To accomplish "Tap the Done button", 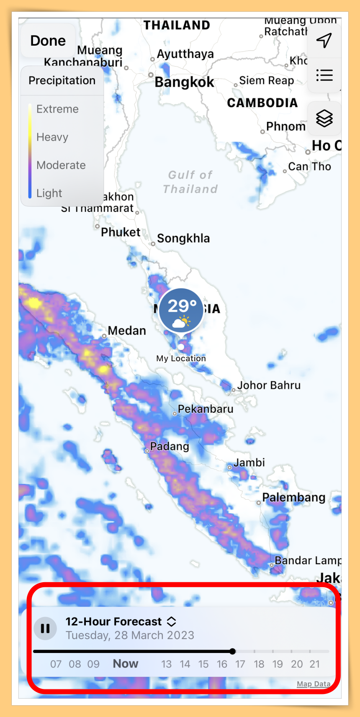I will (x=48, y=41).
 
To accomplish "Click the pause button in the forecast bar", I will (x=45, y=628).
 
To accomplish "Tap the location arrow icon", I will (x=324, y=40).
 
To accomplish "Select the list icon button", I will (x=324, y=75).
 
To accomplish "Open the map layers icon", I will (x=324, y=118).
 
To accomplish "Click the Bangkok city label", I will (x=184, y=82).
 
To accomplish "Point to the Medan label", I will (x=127, y=331).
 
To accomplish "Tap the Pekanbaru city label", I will (x=206, y=409).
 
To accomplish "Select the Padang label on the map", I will (x=170, y=446).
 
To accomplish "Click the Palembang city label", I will (x=293, y=497).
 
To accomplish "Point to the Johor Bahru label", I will (x=269, y=385).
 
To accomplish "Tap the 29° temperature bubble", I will (x=181, y=311).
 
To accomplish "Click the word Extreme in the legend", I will (x=57, y=109).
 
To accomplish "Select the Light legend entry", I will (x=49, y=193).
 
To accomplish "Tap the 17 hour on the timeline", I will (x=240, y=664).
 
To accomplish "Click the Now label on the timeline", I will (x=126, y=663).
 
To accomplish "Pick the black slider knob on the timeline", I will (x=233, y=651).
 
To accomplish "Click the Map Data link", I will (x=314, y=684).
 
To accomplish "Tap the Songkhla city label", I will (x=183, y=238).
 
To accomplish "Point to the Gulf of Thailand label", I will (x=190, y=182).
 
